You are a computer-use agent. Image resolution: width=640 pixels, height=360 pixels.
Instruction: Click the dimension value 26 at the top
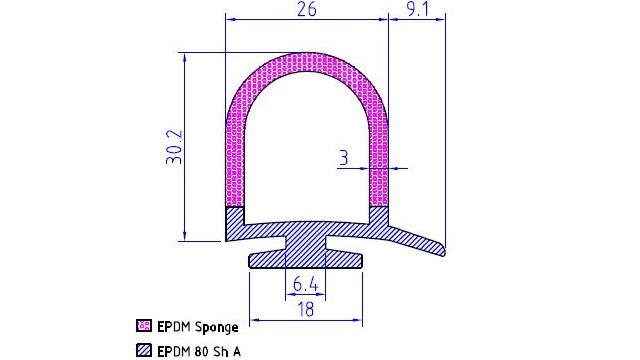[x=307, y=9]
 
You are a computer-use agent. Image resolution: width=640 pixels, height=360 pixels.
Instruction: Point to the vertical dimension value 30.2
[x=174, y=147]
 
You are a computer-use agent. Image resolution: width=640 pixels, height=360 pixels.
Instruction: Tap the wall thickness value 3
[x=344, y=158]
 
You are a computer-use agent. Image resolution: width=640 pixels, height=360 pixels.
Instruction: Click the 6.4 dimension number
[x=305, y=284]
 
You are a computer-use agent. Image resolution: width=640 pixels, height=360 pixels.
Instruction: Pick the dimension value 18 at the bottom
[x=306, y=309]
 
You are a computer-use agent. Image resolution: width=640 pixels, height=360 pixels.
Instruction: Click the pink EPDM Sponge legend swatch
[x=144, y=326]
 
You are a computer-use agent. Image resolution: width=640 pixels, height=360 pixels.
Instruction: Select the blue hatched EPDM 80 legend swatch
[x=144, y=350]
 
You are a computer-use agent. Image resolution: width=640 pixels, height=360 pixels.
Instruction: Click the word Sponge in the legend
[x=216, y=327]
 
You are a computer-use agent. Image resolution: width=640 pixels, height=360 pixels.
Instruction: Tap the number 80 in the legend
[x=202, y=351]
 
